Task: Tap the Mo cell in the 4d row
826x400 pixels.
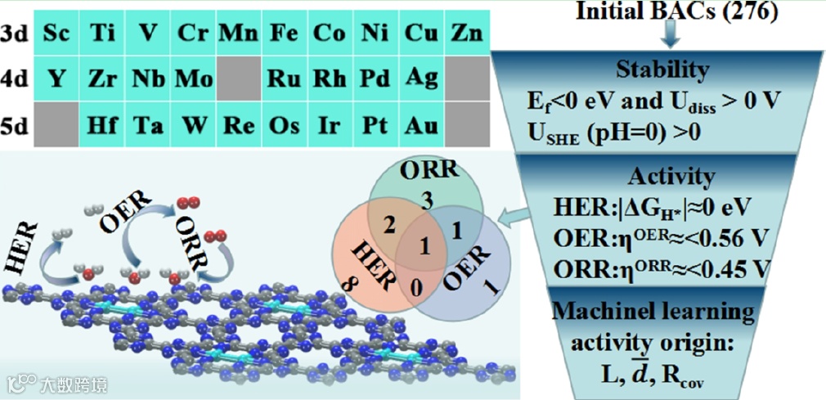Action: [193, 79]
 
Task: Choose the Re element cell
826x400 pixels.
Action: [238, 126]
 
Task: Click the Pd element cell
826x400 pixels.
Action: [375, 79]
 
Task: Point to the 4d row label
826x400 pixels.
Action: [15, 79]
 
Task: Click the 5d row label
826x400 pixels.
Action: [15, 126]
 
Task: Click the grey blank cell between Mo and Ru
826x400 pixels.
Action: [238, 79]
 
